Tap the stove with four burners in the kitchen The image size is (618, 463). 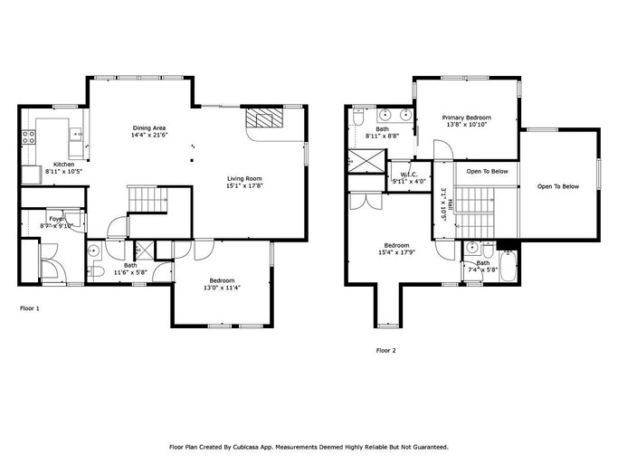pyautogui.click(x=29, y=137)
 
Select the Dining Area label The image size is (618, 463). pyautogui.click(x=150, y=129)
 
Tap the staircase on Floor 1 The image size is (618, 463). pyautogui.click(x=147, y=199)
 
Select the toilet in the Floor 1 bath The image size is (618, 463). pyautogui.click(x=96, y=269)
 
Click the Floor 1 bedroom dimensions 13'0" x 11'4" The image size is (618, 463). pyautogui.click(x=221, y=288)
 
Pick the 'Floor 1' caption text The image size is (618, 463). pyautogui.click(x=30, y=308)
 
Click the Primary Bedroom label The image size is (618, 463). pyautogui.click(x=466, y=118)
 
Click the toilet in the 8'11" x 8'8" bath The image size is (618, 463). pyautogui.click(x=359, y=118)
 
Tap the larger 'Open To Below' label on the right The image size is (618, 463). pyautogui.click(x=557, y=186)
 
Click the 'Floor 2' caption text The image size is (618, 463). pyautogui.click(x=385, y=350)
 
